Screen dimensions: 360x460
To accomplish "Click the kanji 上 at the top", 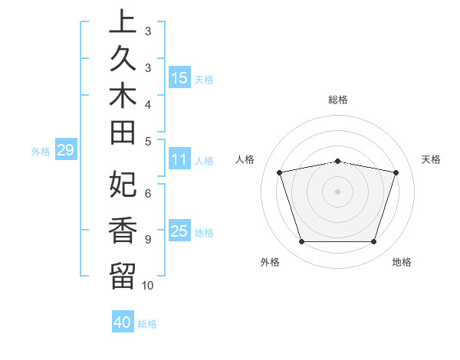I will (x=123, y=21).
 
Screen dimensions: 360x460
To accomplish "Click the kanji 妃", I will (x=123, y=184).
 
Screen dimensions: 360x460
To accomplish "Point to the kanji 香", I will (x=123, y=231).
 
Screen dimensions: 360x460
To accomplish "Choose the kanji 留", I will (x=123, y=275).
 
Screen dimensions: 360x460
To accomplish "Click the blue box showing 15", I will (x=179, y=77).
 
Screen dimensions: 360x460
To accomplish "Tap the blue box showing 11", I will (x=179, y=159).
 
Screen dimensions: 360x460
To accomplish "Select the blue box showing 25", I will (x=179, y=231).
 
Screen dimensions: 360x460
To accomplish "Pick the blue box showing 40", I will (x=123, y=322).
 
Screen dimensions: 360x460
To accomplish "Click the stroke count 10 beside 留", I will (x=147, y=285).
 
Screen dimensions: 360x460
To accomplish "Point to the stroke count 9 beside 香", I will (x=147, y=240).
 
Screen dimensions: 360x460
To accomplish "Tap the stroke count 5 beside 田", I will (x=147, y=141).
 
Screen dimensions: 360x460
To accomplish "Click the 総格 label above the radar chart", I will (x=338, y=100).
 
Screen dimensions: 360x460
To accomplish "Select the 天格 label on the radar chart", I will (x=431, y=159).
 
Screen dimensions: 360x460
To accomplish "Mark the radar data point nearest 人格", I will (x=280, y=172).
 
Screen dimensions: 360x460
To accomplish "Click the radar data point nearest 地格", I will (x=373, y=242).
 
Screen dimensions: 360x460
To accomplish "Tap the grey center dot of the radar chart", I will (x=338, y=191).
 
